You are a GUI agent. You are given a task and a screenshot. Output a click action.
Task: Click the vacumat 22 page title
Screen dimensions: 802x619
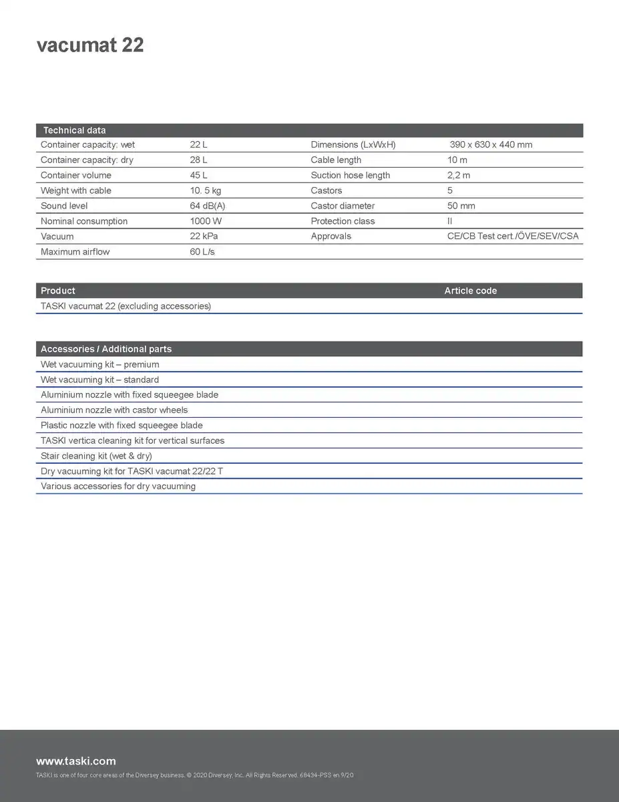point(90,45)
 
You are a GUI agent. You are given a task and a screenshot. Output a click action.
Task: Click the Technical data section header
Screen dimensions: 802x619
point(74,130)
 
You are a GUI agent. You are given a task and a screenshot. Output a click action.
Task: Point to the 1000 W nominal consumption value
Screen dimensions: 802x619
point(206,221)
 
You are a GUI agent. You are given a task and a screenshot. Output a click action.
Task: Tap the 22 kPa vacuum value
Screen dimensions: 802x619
point(204,237)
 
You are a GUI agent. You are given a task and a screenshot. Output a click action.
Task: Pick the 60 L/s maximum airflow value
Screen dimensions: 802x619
point(202,252)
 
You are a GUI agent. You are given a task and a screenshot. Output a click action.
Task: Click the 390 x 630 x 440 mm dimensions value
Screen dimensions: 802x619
point(491,145)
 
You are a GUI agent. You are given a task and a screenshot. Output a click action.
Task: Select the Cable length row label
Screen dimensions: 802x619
point(336,160)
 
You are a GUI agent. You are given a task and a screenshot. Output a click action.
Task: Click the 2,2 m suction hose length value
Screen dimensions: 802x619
point(459,176)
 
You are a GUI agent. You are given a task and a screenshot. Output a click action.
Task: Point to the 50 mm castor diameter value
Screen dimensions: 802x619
point(461,206)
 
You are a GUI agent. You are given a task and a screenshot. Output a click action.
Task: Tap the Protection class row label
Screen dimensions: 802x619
point(343,221)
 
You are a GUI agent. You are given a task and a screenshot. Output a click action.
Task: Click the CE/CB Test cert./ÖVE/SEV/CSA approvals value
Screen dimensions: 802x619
point(513,237)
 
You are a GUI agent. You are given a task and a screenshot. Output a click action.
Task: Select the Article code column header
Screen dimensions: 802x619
point(470,291)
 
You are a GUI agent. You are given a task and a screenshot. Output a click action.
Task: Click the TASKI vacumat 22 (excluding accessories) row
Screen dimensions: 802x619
point(126,306)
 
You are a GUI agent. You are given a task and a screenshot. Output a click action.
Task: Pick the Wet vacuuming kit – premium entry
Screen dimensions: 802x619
point(99,365)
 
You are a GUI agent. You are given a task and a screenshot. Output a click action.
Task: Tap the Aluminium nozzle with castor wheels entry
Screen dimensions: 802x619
point(114,410)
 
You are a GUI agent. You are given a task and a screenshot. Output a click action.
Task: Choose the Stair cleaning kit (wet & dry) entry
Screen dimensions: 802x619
point(96,456)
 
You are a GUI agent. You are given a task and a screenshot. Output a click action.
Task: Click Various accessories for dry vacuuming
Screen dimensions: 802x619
point(118,487)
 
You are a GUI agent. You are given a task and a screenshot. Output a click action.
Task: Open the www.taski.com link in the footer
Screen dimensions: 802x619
point(75,761)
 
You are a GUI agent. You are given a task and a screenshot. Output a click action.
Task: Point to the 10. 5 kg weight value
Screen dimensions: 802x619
point(206,190)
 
